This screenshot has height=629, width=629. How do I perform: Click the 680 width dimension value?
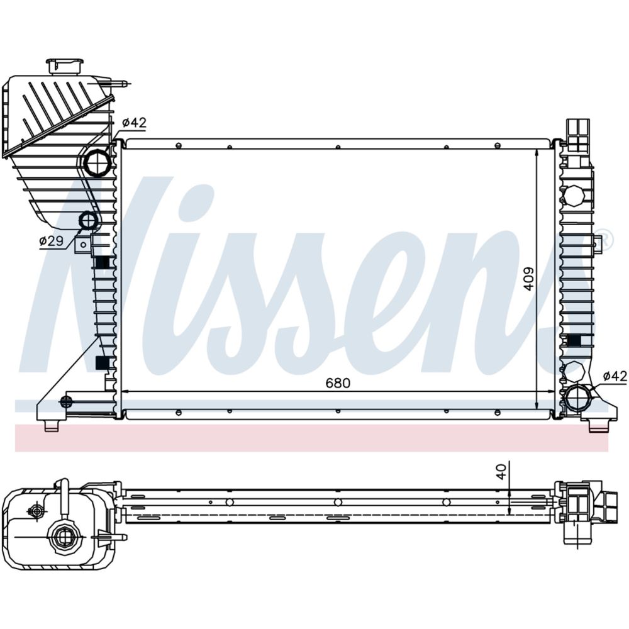[337, 382]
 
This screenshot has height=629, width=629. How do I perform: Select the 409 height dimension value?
[529, 279]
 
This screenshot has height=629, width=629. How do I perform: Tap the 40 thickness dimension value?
[501, 472]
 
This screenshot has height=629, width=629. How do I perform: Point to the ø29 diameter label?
[51, 240]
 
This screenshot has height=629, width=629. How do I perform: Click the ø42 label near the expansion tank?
[133, 123]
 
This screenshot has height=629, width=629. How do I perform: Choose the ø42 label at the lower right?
[615, 376]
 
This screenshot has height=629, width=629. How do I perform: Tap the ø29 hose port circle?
[88, 221]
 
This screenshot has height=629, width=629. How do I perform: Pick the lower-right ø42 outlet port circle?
[576, 398]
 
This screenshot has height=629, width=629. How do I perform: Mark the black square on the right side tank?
[573, 341]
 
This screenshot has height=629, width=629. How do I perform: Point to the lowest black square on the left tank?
[101, 363]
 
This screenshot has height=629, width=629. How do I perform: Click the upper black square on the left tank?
[102, 262]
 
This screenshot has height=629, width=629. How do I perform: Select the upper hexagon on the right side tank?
[574, 196]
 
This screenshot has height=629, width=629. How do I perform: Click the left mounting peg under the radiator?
[51, 426]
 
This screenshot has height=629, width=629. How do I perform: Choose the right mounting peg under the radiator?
[598, 426]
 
